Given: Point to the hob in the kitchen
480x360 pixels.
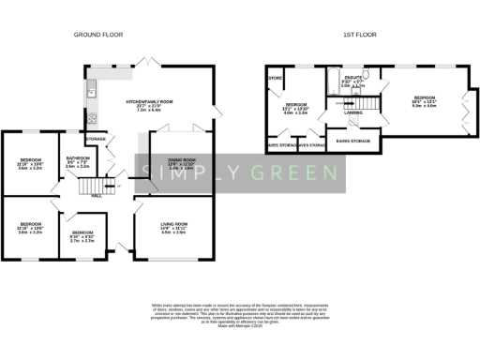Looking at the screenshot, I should (94, 119).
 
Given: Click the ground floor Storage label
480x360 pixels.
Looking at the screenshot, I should (95, 139).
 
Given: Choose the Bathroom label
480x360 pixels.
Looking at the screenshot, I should (77, 161).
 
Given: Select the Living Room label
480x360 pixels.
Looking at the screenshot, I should (174, 225).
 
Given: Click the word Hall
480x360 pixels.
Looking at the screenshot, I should (97, 197).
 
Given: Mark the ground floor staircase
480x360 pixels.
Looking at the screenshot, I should (87, 185).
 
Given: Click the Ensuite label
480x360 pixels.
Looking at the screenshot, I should (352, 77).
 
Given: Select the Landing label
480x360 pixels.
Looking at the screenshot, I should (352, 112).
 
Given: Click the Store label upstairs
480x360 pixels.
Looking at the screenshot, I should (276, 79).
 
